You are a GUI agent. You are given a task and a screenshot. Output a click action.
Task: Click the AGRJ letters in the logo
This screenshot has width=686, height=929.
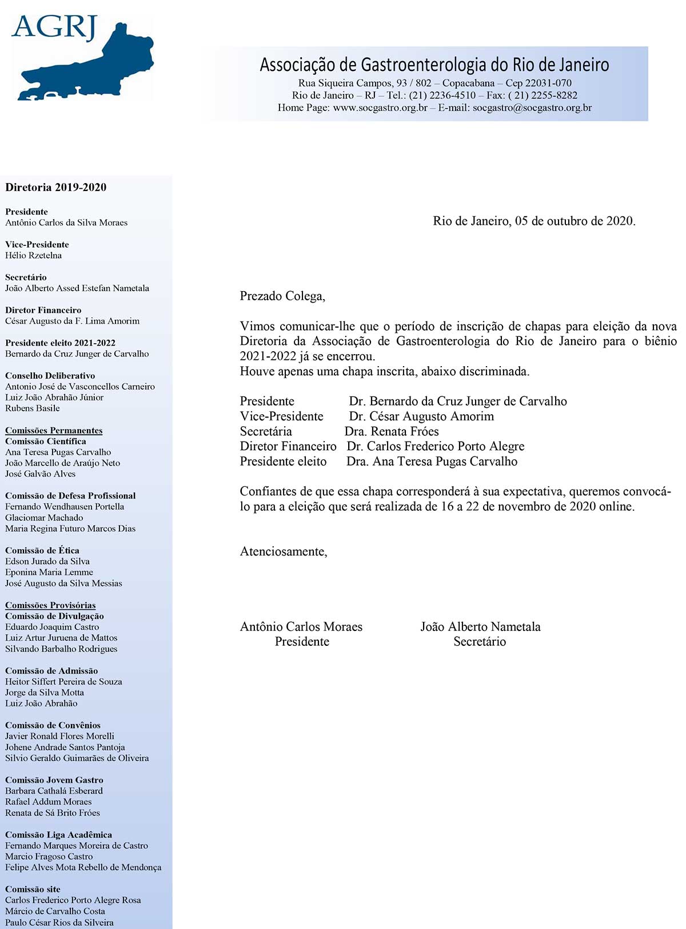tap(54, 27)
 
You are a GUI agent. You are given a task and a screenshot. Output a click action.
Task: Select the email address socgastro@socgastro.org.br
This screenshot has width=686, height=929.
tap(532, 108)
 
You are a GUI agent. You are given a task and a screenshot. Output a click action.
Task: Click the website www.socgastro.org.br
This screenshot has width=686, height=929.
tap(380, 108)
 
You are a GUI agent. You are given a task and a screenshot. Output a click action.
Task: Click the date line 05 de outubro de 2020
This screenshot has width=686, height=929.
tap(575, 221)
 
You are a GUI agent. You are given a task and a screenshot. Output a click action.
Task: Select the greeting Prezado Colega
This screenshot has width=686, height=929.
tap(282, 296)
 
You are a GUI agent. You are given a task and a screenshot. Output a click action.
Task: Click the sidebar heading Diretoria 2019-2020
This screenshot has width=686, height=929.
tap(55, 188)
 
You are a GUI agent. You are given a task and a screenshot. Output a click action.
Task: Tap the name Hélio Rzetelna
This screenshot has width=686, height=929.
tap(33, 256)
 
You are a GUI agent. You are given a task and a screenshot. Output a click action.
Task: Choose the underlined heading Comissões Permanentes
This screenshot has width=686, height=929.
tap(54, 431)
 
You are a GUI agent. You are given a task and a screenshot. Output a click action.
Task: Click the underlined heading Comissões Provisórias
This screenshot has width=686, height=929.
tap(50, 605)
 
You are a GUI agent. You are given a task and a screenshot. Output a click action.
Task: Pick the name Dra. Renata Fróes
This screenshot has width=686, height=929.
tap(392, 432)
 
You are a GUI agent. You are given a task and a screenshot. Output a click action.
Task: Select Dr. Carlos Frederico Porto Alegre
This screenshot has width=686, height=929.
tap(436, 447)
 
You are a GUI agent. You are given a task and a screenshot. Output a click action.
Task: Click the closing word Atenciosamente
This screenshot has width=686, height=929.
tap(284, 552)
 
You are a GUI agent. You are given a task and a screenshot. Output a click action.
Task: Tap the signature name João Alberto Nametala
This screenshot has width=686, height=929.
tap(480, 627)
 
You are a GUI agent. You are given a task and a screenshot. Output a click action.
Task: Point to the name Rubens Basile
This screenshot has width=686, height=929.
tap(33, 408)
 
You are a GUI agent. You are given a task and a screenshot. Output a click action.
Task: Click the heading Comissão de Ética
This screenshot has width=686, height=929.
tap(42, 551)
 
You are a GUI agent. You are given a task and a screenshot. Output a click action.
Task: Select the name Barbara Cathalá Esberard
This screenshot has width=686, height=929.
tap(54, 791)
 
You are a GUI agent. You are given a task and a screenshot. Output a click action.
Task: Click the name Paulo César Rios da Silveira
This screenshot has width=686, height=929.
tap(59, 923)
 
